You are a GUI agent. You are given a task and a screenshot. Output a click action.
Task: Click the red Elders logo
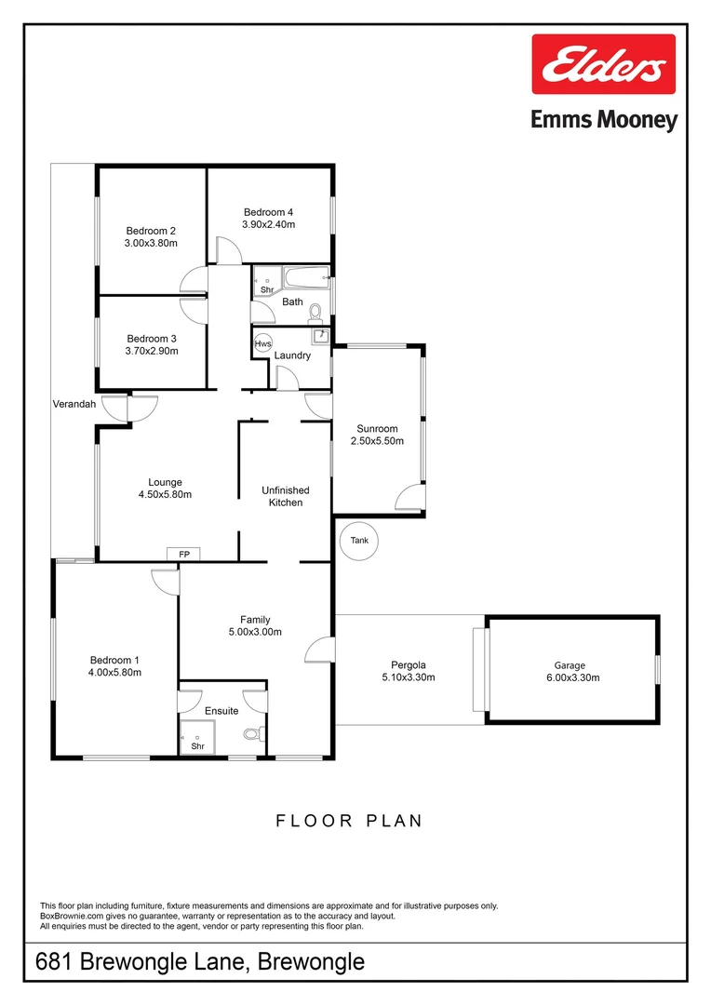[x=603, y=64]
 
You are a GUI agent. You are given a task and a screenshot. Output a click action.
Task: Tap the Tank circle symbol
[x=359, y=541]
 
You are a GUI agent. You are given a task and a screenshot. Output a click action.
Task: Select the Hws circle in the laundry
[x=263, y=343]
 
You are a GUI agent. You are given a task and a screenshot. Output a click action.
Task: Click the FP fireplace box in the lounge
[x=184, y=555]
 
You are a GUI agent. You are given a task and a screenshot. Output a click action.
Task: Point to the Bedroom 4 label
[x=268, y=211]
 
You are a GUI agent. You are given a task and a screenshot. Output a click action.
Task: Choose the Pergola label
[x=409, y=664]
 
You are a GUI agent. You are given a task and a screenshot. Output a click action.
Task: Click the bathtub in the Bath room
[x=306, y=275]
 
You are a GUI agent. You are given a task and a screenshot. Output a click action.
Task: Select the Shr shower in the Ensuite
[x=197, y=737]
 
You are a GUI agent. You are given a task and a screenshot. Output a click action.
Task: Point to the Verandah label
[x=74, y=404]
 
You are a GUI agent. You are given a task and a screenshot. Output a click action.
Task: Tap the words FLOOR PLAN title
[x=349, y=821]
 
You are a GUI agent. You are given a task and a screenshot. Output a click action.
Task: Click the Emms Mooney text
[x=603, y=120]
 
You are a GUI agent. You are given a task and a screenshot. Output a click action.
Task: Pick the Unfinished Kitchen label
[x=285, y=496]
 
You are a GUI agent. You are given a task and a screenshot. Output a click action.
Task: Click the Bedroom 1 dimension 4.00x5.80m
[x=114, y=672]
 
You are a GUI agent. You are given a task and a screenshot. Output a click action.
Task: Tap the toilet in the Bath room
[x=315, y=310]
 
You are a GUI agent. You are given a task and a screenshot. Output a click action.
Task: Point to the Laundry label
[x=291, y=355]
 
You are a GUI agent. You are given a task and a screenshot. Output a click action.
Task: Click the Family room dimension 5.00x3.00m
[x=255, y=632]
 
